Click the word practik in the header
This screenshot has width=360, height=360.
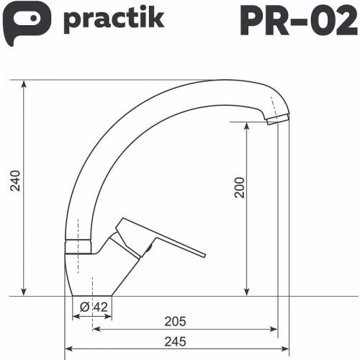[114, 19]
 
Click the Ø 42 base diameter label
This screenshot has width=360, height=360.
[94, 307]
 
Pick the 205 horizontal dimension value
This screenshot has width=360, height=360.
[176, 321]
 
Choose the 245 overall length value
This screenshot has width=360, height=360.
[176, 341]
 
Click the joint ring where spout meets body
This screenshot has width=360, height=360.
[78, 246]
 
